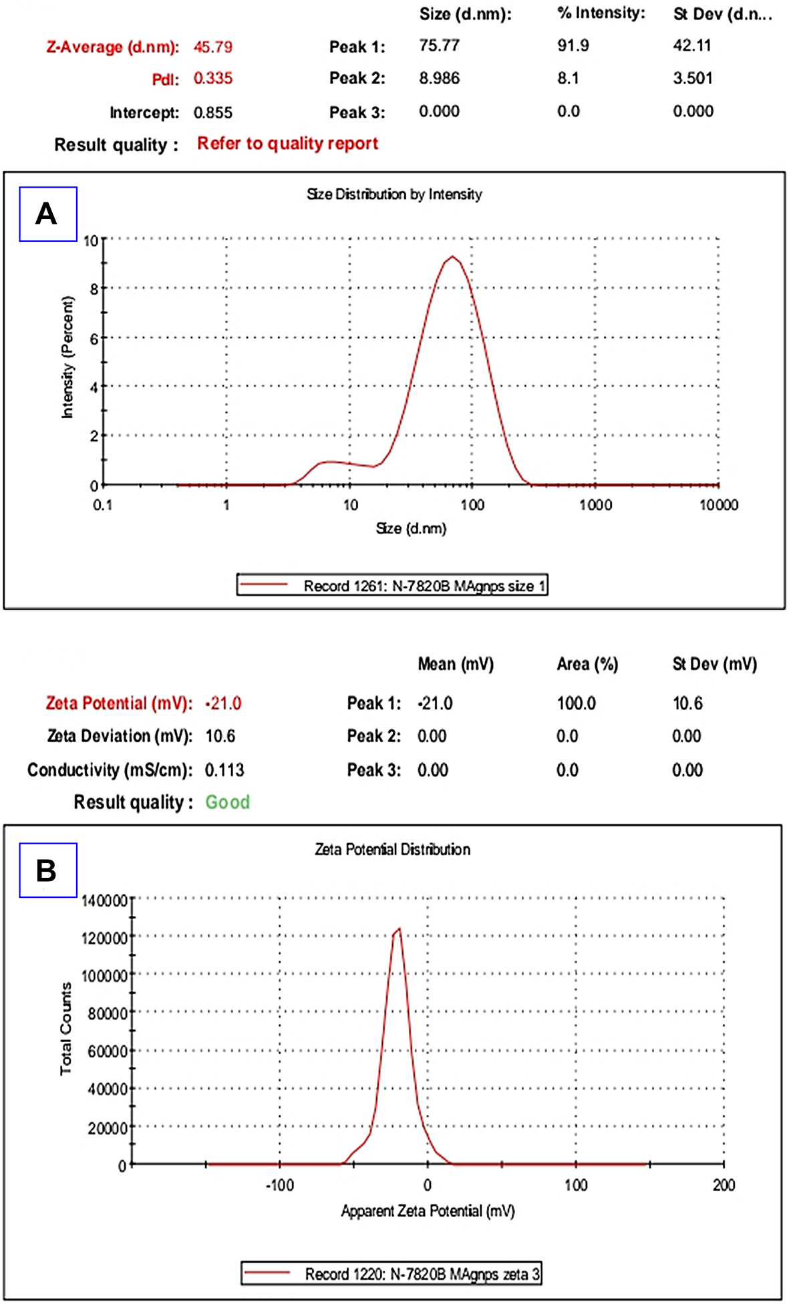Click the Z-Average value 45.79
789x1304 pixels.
(212, 47)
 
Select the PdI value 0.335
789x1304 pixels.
(212, 78)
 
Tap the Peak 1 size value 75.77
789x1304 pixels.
(439, 45)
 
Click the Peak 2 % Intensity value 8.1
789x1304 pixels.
(568, 78)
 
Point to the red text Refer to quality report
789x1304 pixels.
(287, 144)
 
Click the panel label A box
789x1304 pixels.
(48, 214)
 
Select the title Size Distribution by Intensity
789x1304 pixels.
(394, 194)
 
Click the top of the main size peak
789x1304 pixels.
(453, 257)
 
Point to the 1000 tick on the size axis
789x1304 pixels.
(595, 505)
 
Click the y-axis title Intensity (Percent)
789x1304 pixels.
(67, 357)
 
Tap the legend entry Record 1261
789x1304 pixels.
(393, 586)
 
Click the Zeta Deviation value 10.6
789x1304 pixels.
(220, 736)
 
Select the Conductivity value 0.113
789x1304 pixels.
(224, 770)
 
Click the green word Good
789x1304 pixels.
(227, 802)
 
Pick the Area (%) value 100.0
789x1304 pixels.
(576, 703)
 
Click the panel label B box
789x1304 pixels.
(48, 870)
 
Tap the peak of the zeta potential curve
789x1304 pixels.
(399, 929)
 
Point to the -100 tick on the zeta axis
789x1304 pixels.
(279, 1185)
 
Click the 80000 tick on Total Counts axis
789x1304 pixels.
(108, 1013)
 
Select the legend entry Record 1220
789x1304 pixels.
(391, 1274)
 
